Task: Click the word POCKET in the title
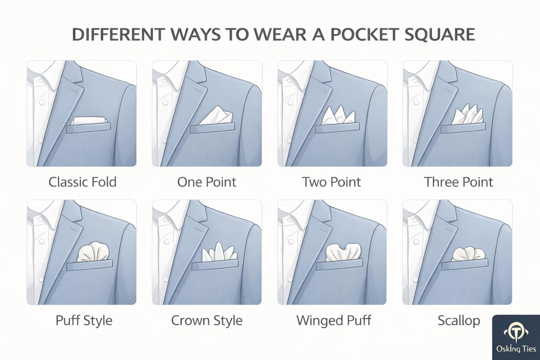tap(364, 34)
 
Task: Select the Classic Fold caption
tap(82, 182)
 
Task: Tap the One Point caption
tap(207, 182)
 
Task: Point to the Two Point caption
tap(331, 182)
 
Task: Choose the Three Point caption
tap(458, 182)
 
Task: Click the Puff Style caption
tap(84, 321)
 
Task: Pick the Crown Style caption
tap(207, 321)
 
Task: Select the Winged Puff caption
tap(334, 321)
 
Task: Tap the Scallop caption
tap(459, 321)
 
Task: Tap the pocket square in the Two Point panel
tap(338, 116)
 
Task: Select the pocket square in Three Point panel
tap(467, 114)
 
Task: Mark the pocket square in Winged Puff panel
tap(343, 252)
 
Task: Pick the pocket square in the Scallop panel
tap(468, 254)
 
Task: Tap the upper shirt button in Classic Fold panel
tap(42, 103)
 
